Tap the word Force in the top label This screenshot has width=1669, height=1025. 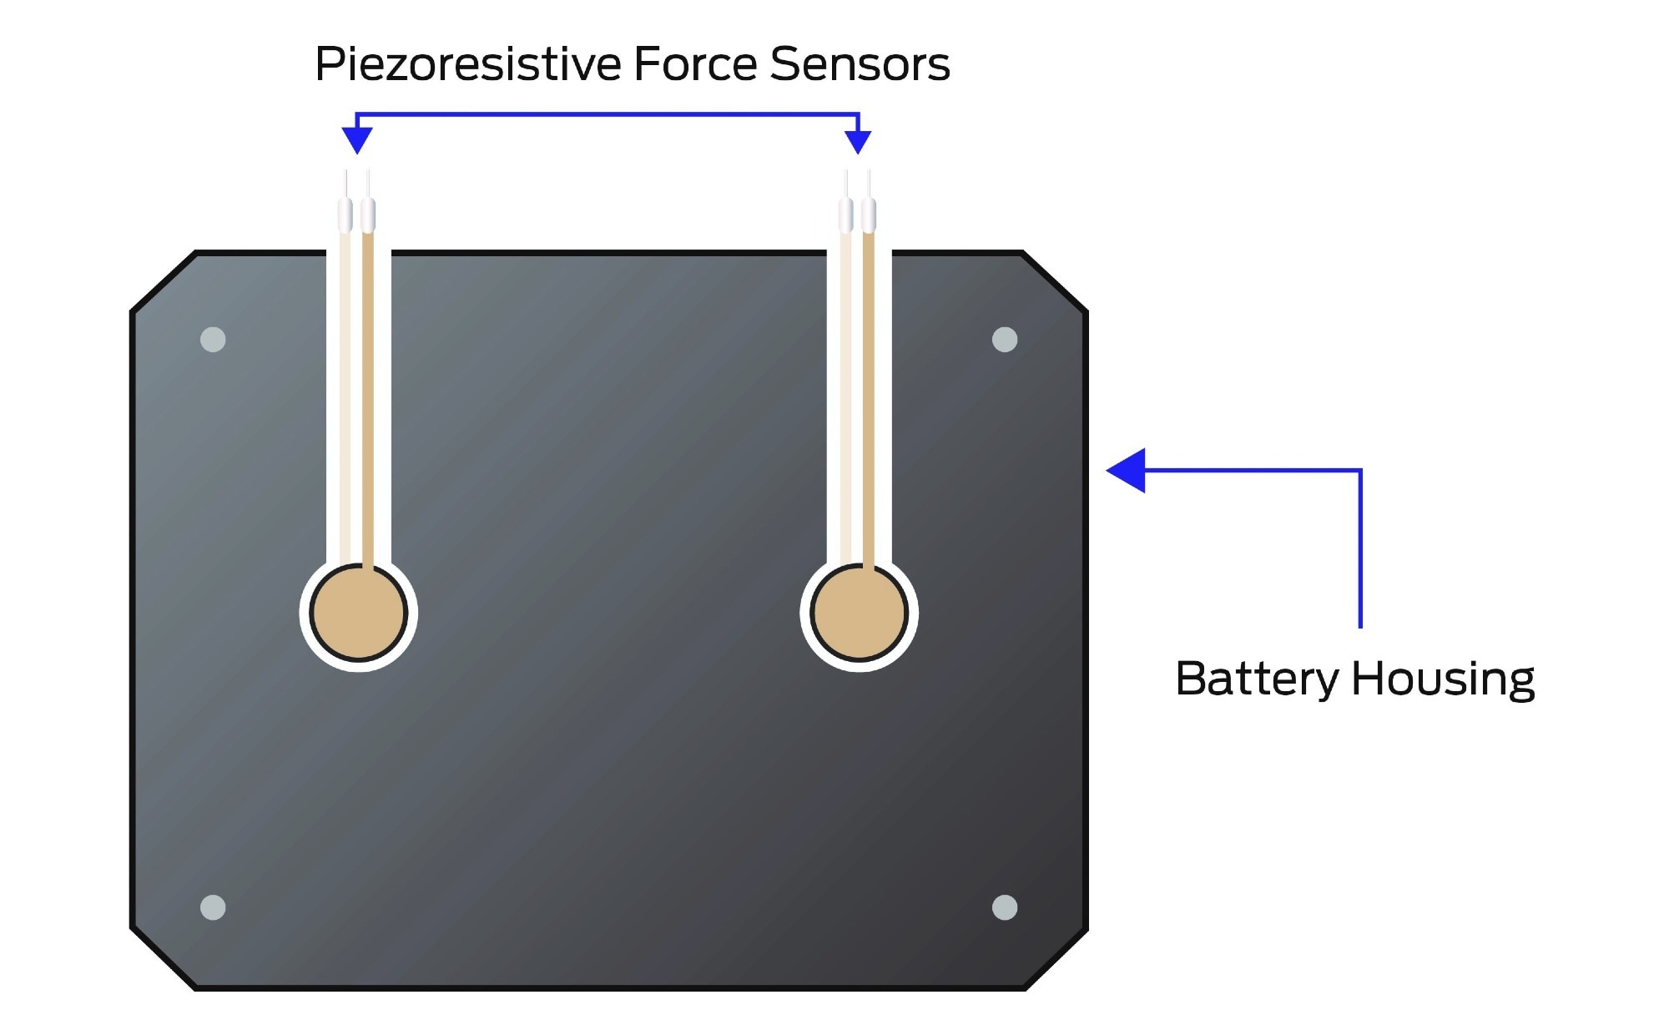[696, 64]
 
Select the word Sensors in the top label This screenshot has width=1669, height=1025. [860, 64]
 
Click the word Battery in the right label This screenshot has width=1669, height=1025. [1256, 679]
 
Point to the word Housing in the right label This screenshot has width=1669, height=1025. [1443, 679]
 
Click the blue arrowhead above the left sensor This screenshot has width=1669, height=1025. [357, 140]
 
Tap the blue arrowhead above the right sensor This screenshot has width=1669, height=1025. [858, 140]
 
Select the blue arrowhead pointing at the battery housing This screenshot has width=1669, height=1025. [1127, 471]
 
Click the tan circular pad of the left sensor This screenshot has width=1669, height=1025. [358, 613]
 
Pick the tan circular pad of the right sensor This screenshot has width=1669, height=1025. [859, 613]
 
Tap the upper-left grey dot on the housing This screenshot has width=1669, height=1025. [213, 340]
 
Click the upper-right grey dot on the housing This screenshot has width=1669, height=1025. [1005, 340]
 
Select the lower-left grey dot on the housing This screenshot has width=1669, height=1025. [213, 907]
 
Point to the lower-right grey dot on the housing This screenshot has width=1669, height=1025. [1005, 907]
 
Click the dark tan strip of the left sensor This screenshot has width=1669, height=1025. [368, 392]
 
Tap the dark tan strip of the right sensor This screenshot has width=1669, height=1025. [869, 392]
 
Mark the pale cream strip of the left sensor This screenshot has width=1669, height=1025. [345, 392]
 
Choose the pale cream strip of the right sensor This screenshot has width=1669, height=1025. [846, 392]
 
